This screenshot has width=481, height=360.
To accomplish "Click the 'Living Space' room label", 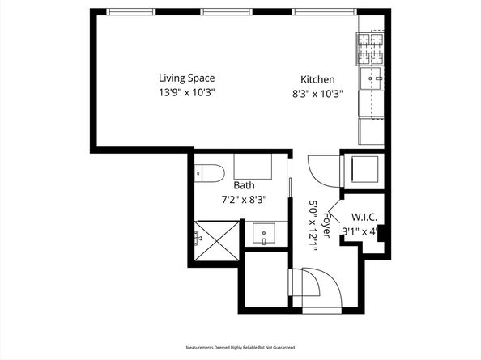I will click(x=186, y=78).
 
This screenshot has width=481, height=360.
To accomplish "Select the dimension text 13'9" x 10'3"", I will click(x=186, y=92).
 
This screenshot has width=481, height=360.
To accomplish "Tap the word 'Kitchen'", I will click(x=317, y=79).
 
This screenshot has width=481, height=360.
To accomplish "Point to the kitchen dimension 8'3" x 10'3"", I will click(x=317, y=93).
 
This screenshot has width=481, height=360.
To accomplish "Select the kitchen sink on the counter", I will click(x=373, y=78).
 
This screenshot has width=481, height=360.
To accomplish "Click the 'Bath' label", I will click(x=244, y=185).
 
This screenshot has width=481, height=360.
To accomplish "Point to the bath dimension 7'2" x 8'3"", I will click(x=244, y=199).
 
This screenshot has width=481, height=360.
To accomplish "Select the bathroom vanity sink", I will click(x=264, y=235).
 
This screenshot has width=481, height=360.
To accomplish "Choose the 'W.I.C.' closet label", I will click(x=364, y=217).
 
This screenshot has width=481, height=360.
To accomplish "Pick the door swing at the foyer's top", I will click(x=322, y=167).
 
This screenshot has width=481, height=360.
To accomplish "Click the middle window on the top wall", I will click(x=224, y=12).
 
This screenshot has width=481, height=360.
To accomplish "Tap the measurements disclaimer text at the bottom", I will click(x=240, y=347).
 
